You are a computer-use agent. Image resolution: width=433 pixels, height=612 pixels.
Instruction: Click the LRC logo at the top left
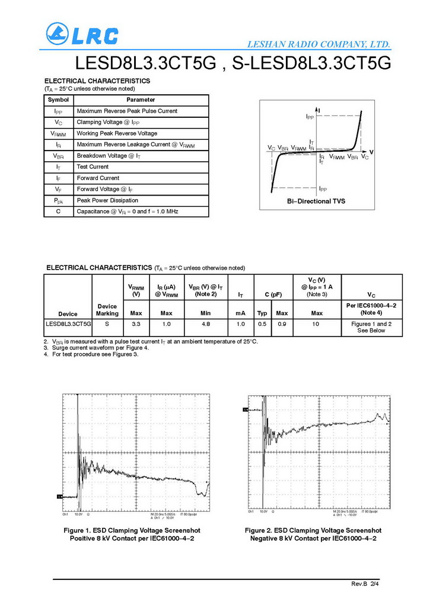(82, 34)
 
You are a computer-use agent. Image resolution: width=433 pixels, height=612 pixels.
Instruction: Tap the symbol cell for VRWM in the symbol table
(58, 133)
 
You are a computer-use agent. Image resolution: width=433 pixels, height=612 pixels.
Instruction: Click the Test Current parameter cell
(93, 166)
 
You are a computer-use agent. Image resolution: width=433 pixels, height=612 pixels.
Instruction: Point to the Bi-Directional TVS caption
(316, 201)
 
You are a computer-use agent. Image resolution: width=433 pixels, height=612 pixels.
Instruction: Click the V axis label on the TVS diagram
(371, 152)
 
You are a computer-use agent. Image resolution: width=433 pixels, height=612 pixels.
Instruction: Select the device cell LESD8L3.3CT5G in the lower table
(68, 324)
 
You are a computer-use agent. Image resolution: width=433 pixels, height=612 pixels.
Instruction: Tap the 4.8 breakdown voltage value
(206, 324)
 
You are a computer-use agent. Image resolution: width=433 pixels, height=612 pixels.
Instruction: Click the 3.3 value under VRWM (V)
(136, 324)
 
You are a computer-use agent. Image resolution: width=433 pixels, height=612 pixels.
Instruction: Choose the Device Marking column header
(107, 309)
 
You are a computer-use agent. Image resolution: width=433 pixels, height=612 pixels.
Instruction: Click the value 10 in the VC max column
(317, 324)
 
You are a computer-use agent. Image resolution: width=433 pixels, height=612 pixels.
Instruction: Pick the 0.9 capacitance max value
(282, 324)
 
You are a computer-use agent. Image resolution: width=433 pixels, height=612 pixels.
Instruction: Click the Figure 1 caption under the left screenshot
(132, 534)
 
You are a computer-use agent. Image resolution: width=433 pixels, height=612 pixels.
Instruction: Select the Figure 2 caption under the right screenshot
(313, 534)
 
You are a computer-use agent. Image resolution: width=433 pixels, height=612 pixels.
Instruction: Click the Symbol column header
(58, 100)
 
